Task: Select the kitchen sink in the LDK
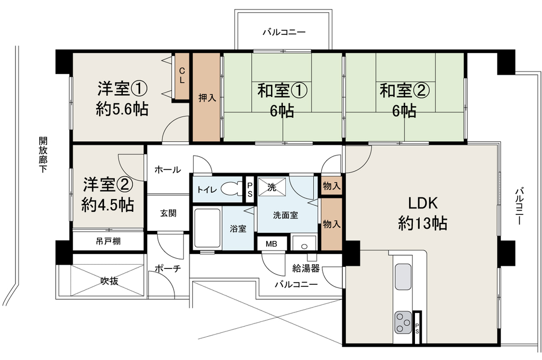point(403,276)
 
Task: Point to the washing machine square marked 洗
point(272,187)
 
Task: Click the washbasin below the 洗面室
point(304,243)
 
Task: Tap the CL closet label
point(182,76)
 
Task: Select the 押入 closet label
point(207,98)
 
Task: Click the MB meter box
point(272,244)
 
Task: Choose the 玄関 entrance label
point(168,213)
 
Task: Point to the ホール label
point(167,170)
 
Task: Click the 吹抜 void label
point(110,281)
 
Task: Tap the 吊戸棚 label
point(108,241)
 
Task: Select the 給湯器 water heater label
point(306,268)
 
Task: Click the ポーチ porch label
point(167,268)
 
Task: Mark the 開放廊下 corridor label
point(43,155)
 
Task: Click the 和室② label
point(405,90)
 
